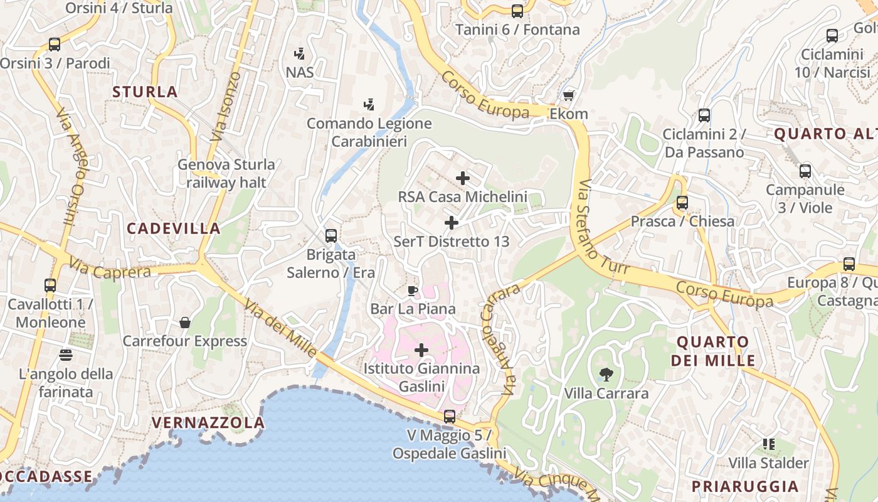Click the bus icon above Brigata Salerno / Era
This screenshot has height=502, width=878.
[x=331, y=236]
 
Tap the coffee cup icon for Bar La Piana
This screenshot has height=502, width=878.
[x=412, y=291]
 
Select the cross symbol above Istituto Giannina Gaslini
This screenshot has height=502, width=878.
[x=421, y=350]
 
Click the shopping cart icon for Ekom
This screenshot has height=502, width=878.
[x=568, y=95]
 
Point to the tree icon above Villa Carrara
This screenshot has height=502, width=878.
[x=606, y=375]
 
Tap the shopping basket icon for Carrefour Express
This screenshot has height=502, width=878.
[x=185, y=323]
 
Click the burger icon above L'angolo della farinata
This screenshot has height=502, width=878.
[x=66, y=355]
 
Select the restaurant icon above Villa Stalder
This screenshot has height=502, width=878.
[x=769, y=444]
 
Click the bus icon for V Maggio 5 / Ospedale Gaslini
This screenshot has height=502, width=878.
[x=449, y=416]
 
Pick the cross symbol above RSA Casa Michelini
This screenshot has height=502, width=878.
[x=463, y=178]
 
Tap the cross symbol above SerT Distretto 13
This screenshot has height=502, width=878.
[x=451, y=223]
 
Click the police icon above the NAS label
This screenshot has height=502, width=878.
[x=300, y=53]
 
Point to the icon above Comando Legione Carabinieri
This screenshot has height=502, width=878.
[x=369, y=104]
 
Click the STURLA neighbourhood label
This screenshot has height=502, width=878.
[x=145, y=92]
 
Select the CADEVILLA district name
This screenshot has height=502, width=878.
[x=174, y=228]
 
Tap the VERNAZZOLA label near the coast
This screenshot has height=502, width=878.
[x=208, y=422]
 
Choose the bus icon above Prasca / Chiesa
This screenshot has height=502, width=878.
[x=682, y=203]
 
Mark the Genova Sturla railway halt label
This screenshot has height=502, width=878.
[x=226, y=173]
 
